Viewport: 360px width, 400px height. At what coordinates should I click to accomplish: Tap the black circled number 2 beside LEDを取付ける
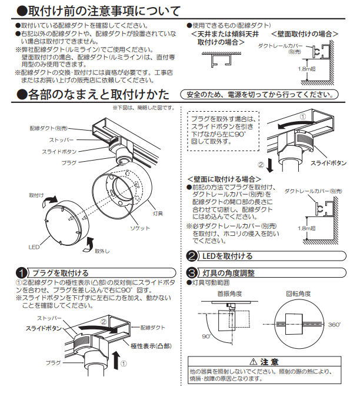192,256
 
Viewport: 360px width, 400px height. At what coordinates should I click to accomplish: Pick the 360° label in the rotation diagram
334,324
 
